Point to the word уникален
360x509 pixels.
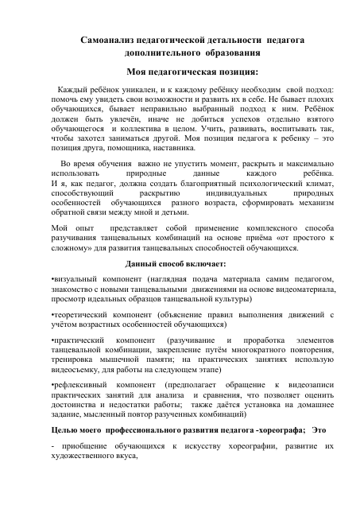coord(128,91)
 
